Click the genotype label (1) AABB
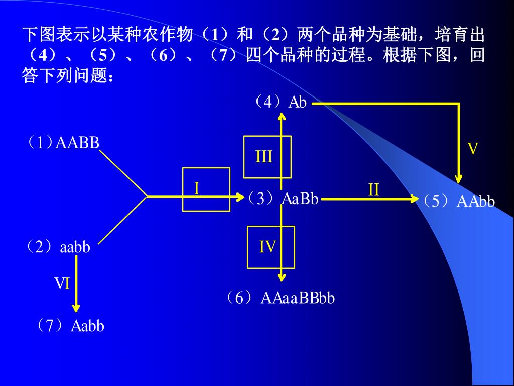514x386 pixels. (x=63, y=143)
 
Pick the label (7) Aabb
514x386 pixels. (x=70, y=326)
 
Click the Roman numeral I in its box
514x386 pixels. (x=197, y=188)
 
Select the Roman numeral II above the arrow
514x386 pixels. (x=373, y=190)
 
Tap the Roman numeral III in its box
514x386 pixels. (x=264, y=157)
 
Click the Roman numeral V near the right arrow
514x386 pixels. (x=473, y=149)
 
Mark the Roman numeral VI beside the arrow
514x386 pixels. (x=62, y=284)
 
